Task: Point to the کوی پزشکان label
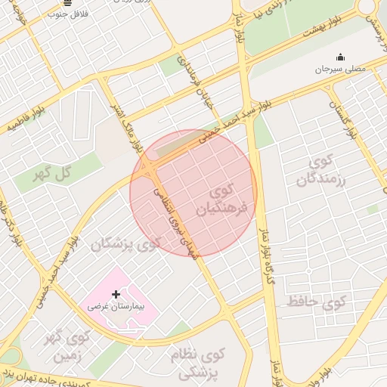coord(127,244)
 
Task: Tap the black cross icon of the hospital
coord(116,293)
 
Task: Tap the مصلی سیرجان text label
coord(339,70)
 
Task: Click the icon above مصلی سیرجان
coord(339,56)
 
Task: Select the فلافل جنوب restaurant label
coord(69,14)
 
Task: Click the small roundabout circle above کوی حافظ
coord(308,271)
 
